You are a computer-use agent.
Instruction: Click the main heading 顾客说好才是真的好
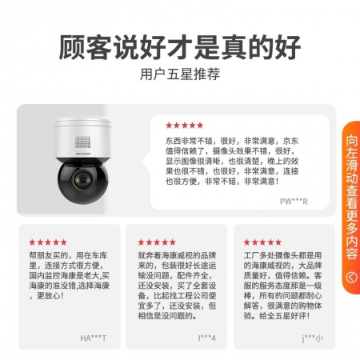(x=180, y=47)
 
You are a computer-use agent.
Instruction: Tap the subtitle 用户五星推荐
(x=180, y=74)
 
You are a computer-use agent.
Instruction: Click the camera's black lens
(x=82, y=179)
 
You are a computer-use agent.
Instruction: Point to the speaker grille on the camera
(x=82, y=142)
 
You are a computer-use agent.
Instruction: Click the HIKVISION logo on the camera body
(x=83, y=154)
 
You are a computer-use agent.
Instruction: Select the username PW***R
(x=294, y=202)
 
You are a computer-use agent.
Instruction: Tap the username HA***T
(x=93, y=338)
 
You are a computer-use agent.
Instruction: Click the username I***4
(x=207, y=338)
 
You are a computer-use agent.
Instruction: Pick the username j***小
(x=312, y=338)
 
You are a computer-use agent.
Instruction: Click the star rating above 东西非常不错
(x=184, y=125)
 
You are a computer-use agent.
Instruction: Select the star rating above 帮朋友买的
(x=48, y=242)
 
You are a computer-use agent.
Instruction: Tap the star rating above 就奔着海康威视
(x=157, y=242)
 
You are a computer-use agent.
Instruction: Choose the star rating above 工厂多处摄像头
(x=262, y=242)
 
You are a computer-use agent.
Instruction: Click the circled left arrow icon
(x=351, y=278)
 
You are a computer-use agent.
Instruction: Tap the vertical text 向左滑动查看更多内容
(x=351, y=198)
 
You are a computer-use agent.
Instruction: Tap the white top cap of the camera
(x=82, y=122)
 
